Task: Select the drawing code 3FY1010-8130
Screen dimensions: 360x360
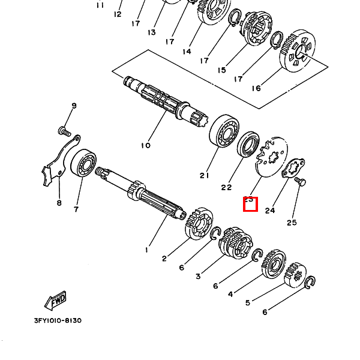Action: [54, 320]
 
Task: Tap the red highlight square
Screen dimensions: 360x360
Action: [250, 204]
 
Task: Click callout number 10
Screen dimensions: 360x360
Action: [146, 145]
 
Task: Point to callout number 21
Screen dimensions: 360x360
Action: [205, 176]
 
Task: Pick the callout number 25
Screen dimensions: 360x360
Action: [292, 223]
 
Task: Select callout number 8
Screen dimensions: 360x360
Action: [59, 203]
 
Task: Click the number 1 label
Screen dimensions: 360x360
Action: [146, 249]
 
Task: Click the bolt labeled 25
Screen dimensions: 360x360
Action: [299, 181]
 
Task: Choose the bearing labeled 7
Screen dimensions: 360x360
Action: [83, 164]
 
